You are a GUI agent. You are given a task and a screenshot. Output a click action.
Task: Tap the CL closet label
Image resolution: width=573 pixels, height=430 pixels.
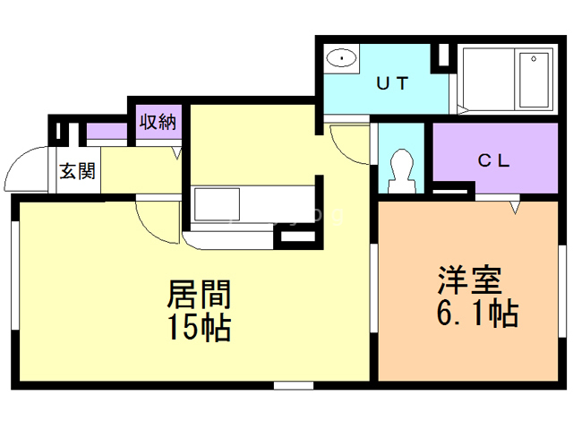(x=492, y=160)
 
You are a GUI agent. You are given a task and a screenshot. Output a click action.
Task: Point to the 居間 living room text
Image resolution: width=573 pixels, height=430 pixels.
(x=199, y=294)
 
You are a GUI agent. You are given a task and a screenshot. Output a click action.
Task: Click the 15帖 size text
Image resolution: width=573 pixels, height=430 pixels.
(x=199, y=328)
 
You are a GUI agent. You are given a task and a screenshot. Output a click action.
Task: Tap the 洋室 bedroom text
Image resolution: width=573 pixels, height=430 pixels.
(x=467, y=280)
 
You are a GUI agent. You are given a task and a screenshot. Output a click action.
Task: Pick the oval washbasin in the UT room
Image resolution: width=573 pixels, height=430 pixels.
(x=341, y=58)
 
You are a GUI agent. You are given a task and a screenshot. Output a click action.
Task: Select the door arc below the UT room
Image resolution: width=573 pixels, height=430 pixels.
(x=348, y=143)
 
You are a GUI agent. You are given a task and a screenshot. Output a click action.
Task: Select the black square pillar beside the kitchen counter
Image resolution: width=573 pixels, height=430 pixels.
(x=293, y=237)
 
